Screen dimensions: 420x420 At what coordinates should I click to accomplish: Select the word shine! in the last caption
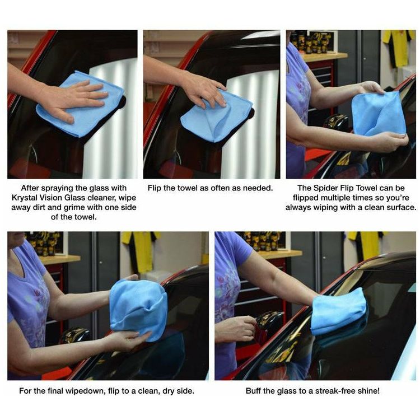tap(367, 391)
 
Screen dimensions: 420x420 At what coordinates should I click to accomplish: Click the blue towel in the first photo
tap(78, 105)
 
